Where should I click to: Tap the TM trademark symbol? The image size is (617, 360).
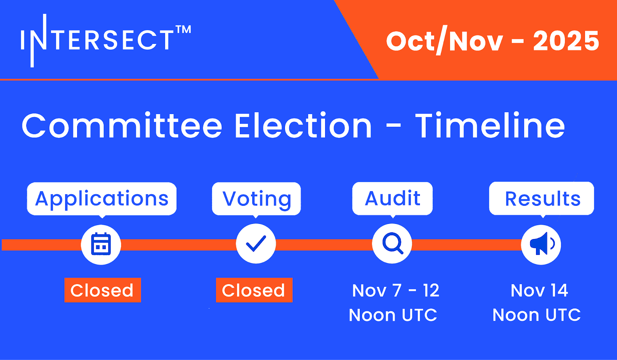click(x=183, y=29)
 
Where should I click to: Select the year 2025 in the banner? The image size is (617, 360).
click(x=566, y=41)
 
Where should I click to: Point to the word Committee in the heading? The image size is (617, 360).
click(x=122, y=125)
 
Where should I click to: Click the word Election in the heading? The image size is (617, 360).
click(x=303, y=125)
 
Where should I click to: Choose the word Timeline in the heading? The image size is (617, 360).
click(x=490, y=125)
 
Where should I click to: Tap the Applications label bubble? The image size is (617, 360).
click(x=102, y=199)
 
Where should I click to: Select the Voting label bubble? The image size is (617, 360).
click(x=256, y=199)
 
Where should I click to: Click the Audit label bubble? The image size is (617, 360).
click(x=393, y=199)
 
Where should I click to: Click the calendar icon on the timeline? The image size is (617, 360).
click(x=101, y=244)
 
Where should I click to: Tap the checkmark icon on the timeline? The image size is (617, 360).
click(x=256, y=244)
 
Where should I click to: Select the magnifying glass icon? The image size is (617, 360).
click(x=393, y=243)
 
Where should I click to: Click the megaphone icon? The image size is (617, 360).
click(x=541, y=244)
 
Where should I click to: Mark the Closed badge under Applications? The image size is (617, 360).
click(x=103, y=290)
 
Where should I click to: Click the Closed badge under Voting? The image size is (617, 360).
click(x=254, y=290)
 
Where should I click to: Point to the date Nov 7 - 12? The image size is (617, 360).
click(x=396, y=290)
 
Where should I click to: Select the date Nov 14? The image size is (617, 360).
click(x=539, y=290)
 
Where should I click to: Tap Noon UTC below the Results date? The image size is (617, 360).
click(x=536, y=315)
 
